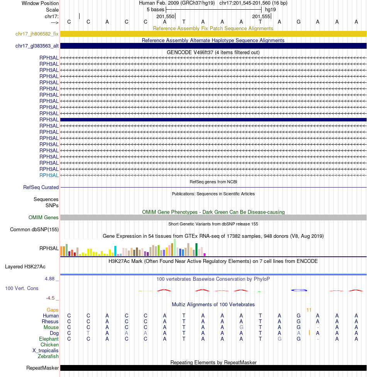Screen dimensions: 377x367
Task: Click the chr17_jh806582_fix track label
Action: click(x=37, y=34)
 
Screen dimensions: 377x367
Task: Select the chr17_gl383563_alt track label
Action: click(x=37, y=46)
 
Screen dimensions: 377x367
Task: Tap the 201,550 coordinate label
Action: click(x=165, y=17)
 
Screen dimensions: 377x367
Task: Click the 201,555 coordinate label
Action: click(x=261, y=17)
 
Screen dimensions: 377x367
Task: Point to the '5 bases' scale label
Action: click(x=155, y=9)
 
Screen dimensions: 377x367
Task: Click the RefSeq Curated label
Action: click(x=41, y=188)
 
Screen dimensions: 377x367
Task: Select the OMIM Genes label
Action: click(x=44, y=218)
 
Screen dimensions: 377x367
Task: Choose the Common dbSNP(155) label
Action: click(x=34, y=230)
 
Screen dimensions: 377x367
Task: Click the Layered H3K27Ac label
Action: click(x=25, y=267)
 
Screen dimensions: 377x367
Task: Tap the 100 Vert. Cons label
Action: click(x=22, y=288)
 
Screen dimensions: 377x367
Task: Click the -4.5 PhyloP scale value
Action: click(x=52, y=298)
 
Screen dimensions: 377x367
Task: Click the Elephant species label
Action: click(x=49, y=339)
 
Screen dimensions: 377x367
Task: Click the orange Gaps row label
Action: click(x=53, y=310)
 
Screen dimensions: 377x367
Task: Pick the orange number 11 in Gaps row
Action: click(x=309, y=310)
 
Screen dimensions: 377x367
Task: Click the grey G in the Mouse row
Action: click(x=241, y=328)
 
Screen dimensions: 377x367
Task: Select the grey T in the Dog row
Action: click(x=88, y=333)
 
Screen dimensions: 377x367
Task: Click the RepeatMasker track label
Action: click(x=42, y=368)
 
